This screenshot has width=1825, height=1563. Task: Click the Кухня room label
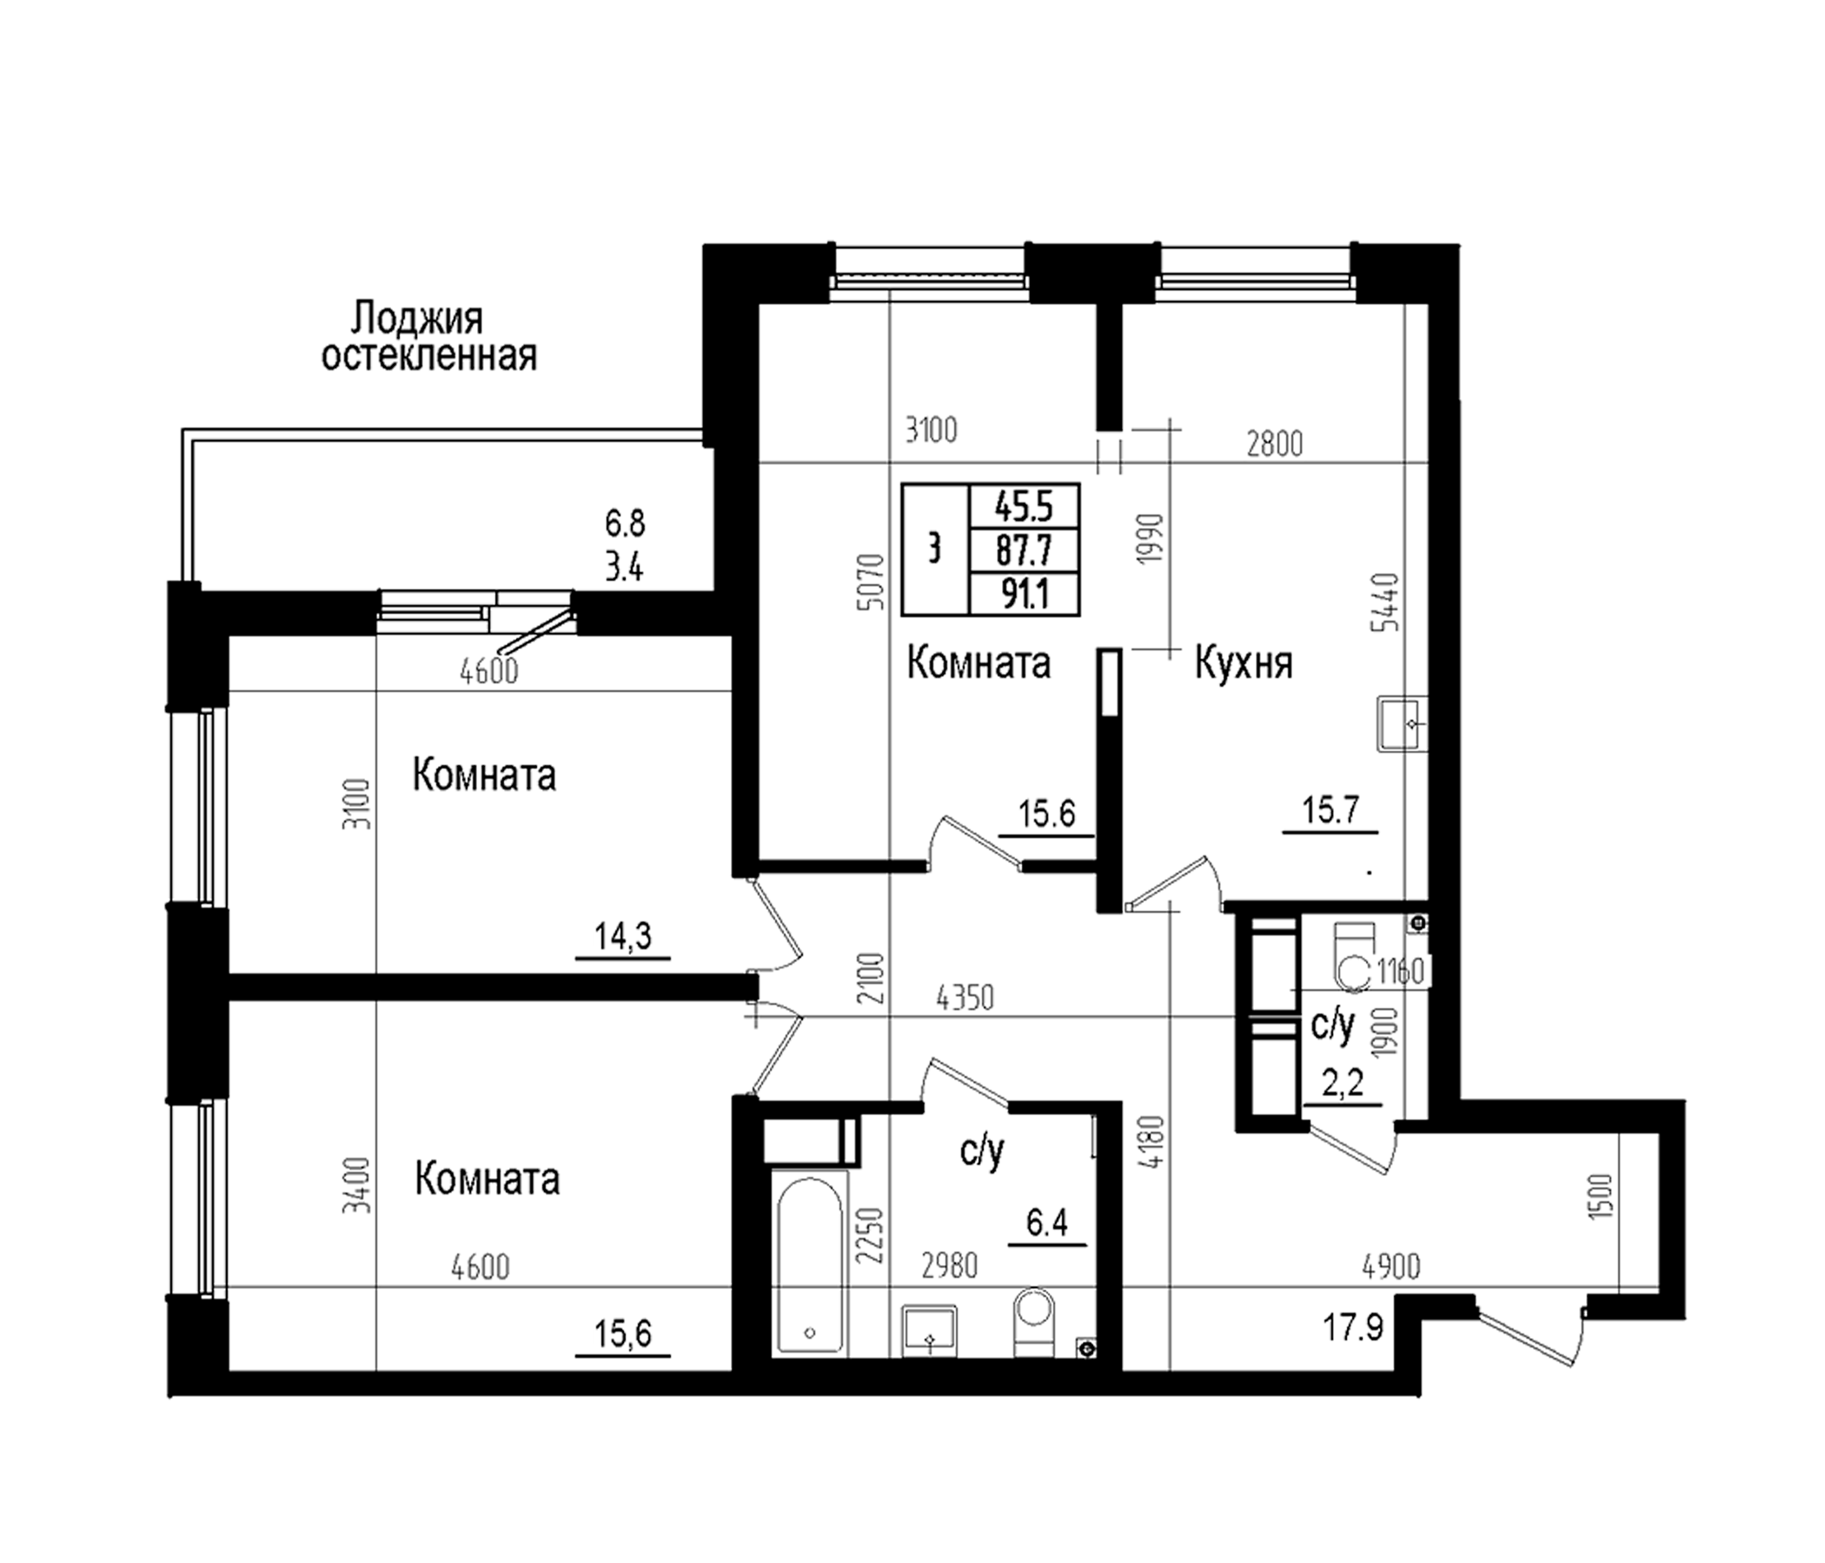coord(1244,664)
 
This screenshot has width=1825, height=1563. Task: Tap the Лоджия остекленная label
coord(429,336)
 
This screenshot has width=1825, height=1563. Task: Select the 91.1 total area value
coord(1025,594)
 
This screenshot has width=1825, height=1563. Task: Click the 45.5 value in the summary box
coord(1025,507)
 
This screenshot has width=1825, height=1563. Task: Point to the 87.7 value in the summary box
coord(1025,550)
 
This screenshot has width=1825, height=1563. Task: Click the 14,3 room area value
coord(623,935)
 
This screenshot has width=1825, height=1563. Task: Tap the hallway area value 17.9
coord(1353,1326)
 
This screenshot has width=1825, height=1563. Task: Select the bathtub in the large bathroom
coord(809,1261)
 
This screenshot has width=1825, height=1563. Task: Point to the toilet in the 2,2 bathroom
coord(1354,958)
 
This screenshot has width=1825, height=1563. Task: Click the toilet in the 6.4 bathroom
coord(1034,1322)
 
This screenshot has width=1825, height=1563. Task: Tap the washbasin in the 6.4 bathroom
coord(929,1331)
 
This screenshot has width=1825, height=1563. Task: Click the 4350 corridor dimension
coord(966,998)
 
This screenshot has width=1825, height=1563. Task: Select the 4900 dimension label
coord(1391,1267)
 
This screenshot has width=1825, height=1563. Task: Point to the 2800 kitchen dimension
coord(1275,444)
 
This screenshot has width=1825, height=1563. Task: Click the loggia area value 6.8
coord(625,523)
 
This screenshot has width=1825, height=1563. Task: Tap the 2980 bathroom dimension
coord(950,1266)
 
